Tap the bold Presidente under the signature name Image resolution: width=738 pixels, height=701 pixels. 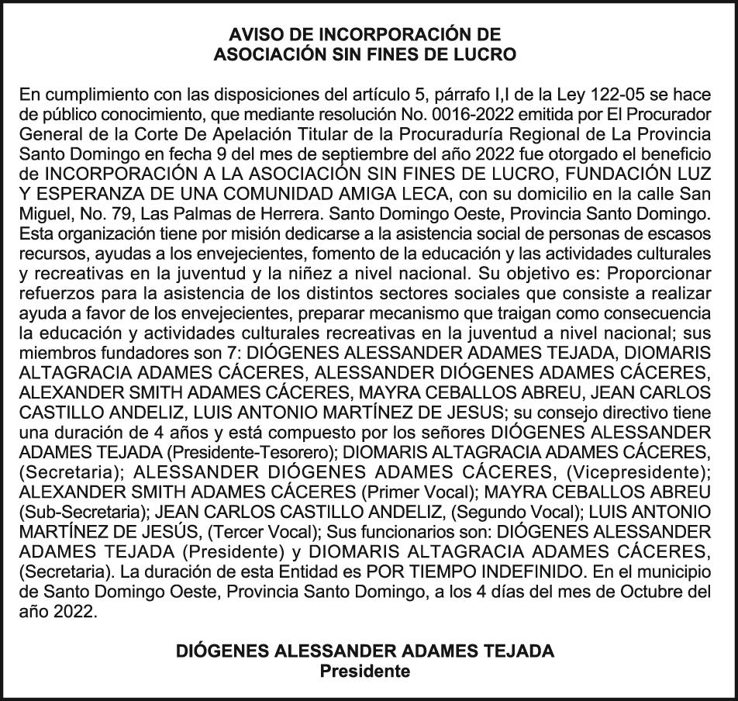click(x=364, y=672)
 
